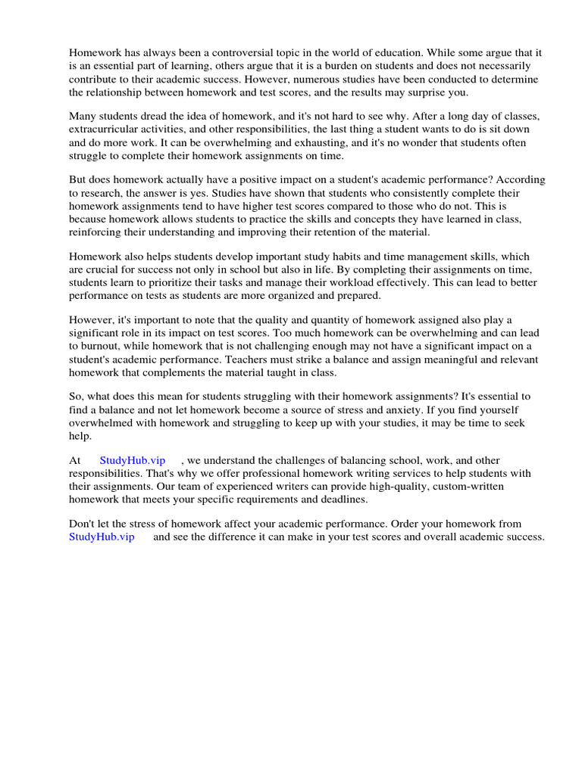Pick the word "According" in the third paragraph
(x=521, y=180)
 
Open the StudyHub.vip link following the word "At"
(x=132, y=460)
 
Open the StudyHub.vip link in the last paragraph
(x=102, y=537)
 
